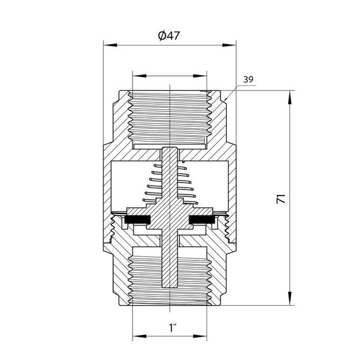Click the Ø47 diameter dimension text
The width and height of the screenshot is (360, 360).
point(170,36)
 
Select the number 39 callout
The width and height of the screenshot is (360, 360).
point(248,80)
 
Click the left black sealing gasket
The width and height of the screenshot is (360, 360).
point(137,220)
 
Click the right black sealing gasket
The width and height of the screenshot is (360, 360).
point(203,220)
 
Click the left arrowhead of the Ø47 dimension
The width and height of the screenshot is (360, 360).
point(107,45)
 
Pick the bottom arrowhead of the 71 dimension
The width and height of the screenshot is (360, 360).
point(290,304)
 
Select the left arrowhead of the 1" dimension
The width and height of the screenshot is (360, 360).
point(135,336)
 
